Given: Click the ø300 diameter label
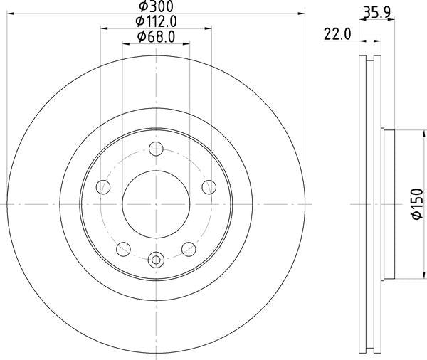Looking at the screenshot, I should point(157,8).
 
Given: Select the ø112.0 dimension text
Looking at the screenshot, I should point(157,22).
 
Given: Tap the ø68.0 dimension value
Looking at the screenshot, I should point(157,36).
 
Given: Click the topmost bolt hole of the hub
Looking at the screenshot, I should point(157,149).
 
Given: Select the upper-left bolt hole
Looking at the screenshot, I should point(104,187).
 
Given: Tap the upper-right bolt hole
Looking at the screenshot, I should point(209,186).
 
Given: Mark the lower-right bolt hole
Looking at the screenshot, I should point(189,248).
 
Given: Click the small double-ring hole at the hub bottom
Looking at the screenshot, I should point(157,260).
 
